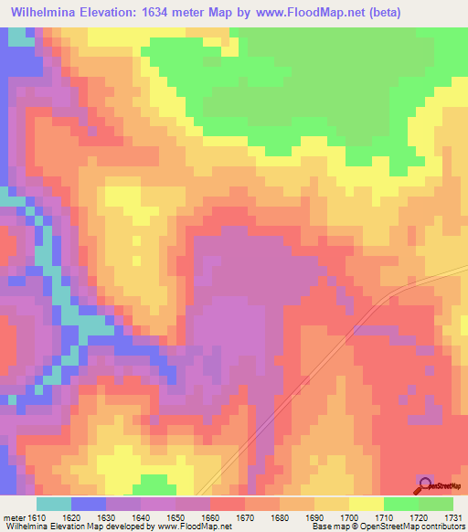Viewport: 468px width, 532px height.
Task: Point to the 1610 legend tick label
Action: coord(37,517)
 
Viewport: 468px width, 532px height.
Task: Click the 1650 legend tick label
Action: coord(176,517)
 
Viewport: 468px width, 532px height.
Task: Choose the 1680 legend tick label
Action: coord(281,517)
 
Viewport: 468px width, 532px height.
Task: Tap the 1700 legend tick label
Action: coord(350,517)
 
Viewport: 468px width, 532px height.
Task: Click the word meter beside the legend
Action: coord(13,517)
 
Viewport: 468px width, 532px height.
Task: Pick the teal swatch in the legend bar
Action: coord(54,504)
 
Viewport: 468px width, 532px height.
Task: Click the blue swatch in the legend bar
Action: coord(89,504)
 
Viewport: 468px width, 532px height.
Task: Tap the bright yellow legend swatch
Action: coord(367,504)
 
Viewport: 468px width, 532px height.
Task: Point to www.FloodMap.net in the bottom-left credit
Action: coord(194,527)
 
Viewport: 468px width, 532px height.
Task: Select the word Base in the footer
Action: coord(321,527)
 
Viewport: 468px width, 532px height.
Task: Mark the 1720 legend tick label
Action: coord(420,517)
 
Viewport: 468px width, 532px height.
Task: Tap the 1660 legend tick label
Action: coord(211,517)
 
